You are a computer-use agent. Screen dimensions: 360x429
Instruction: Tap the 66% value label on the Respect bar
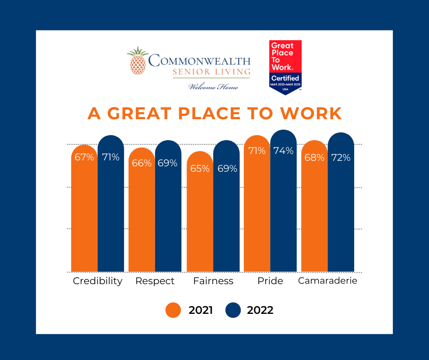tap(141, 163)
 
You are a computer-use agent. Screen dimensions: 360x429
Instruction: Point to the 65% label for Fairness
tap(200, 169)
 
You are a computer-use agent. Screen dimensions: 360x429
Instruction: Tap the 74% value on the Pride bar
tap(283, 151)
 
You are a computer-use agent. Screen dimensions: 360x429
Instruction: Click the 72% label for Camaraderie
tap(341, 158)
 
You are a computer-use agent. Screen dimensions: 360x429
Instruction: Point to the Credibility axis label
tap(98, 281)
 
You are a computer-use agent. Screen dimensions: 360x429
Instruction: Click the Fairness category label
tap(213, 281)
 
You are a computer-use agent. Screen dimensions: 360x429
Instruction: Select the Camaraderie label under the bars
tap(327, 281)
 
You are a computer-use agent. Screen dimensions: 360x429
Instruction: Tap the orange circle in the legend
tap(174, 310)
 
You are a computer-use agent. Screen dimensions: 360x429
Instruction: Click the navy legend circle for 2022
tap(233, 310)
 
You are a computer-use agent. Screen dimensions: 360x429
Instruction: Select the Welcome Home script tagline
tap(214, 87)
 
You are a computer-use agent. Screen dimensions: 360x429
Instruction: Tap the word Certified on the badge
tap(285, 78)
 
